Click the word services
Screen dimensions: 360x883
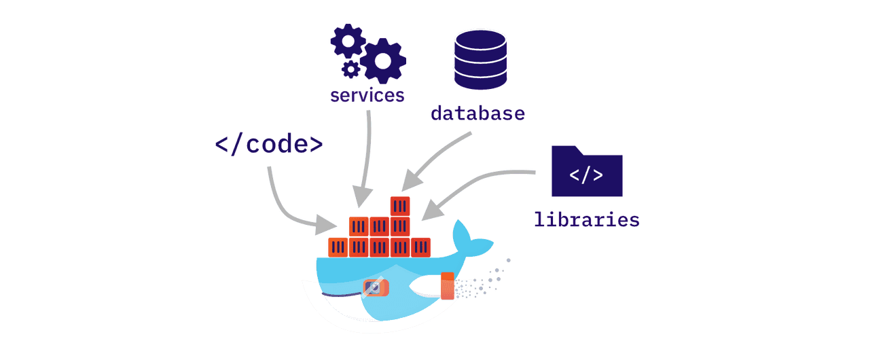pyautogui.click(x=367, y=94)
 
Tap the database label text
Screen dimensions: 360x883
pyautogui.click(x=477, y=113)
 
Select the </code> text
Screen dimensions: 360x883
pyautogui.click(x=268, y=145)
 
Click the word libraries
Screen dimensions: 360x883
pyautogui.click(x=586, y=219)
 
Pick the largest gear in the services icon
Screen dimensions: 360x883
pyautogui.click(x=383, y=60)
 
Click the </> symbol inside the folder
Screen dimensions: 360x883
pyautogui.click(x=586, y=176)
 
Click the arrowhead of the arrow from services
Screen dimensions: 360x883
pyautogui.click(x=360, y=199)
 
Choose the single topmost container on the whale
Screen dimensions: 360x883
pyautogui.click(x=399, y=206)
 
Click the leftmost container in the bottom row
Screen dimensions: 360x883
pyautogui.click(x=338, y=247)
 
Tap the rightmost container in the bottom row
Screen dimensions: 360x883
pyautogui.click(x=421, y=247)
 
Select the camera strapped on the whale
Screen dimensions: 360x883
pyautogui.click(x=376, y=288)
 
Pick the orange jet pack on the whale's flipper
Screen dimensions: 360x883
pyautogui.click(x=447, y=286)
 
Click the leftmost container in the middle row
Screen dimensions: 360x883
pyautogui.click(x=358, y=227)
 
